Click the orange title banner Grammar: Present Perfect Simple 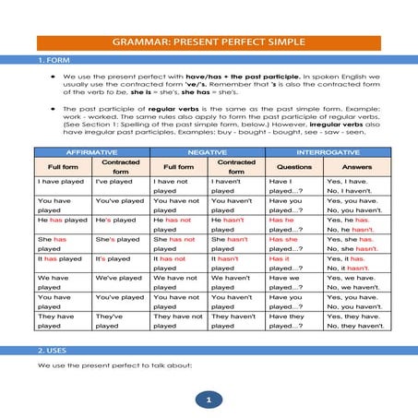209,42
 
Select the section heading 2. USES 54,352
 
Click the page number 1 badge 209,400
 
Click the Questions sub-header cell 293,167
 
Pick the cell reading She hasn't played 235,244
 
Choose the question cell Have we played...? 293,282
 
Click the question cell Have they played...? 293,320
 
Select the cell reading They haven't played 235,320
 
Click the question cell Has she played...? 293,244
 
